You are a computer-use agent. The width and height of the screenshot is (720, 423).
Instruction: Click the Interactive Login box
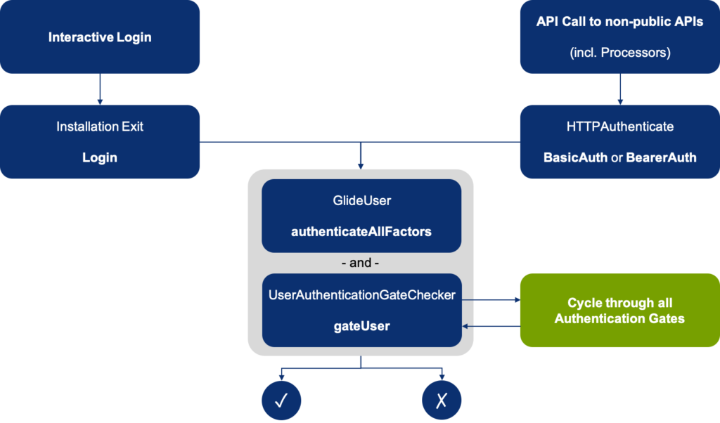click(x=100, y=37)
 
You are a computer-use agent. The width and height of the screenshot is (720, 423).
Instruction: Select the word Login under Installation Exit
click(x=100, y=158)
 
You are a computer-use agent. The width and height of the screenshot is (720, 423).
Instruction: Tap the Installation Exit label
click(x=100, y=127)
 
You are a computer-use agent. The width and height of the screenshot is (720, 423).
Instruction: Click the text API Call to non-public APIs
click(x=619, y=21)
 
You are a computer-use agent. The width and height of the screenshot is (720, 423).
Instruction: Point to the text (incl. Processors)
click(x=619, y=52)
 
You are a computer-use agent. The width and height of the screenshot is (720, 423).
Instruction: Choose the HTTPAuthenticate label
click(x=619, y=127)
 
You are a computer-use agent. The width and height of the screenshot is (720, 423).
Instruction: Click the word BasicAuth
click(x=575, y=158)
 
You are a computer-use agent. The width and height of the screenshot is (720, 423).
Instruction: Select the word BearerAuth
click(x=660, y=158)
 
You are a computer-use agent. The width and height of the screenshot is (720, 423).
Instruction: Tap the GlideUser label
click(x=361, y=201)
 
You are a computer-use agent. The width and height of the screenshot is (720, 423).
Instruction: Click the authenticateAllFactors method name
click(x=361, y=231)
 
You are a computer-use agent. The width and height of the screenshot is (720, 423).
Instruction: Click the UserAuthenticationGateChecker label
click(x=361, y=296)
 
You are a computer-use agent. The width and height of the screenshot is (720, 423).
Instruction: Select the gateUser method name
click(x=361, y=327)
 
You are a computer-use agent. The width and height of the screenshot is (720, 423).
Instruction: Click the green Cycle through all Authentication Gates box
click(x=619, y=311)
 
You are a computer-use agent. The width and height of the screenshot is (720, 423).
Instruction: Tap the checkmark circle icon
click(x=281, y=400)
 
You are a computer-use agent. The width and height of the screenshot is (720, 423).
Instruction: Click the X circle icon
click(x=442, y=400)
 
